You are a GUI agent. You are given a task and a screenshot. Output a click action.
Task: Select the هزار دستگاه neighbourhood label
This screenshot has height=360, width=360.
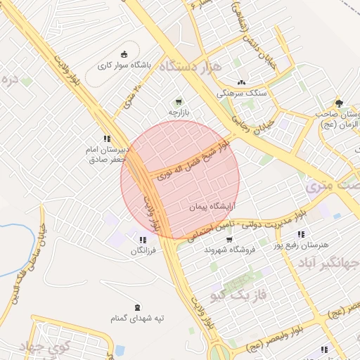point(191,67)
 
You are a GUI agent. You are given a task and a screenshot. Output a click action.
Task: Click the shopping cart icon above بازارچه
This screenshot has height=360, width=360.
point(178,101)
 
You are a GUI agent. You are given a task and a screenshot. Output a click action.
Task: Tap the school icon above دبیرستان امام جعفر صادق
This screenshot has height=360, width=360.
point(107,139)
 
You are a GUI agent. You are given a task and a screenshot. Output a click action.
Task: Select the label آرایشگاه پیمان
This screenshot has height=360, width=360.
point(211,208)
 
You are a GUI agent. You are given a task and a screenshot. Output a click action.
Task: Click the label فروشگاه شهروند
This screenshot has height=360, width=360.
point(227,250)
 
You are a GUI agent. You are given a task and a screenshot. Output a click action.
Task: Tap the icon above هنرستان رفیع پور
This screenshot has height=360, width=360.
point(301,234)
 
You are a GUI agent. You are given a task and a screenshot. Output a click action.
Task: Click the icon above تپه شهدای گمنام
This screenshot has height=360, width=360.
point(136,307)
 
